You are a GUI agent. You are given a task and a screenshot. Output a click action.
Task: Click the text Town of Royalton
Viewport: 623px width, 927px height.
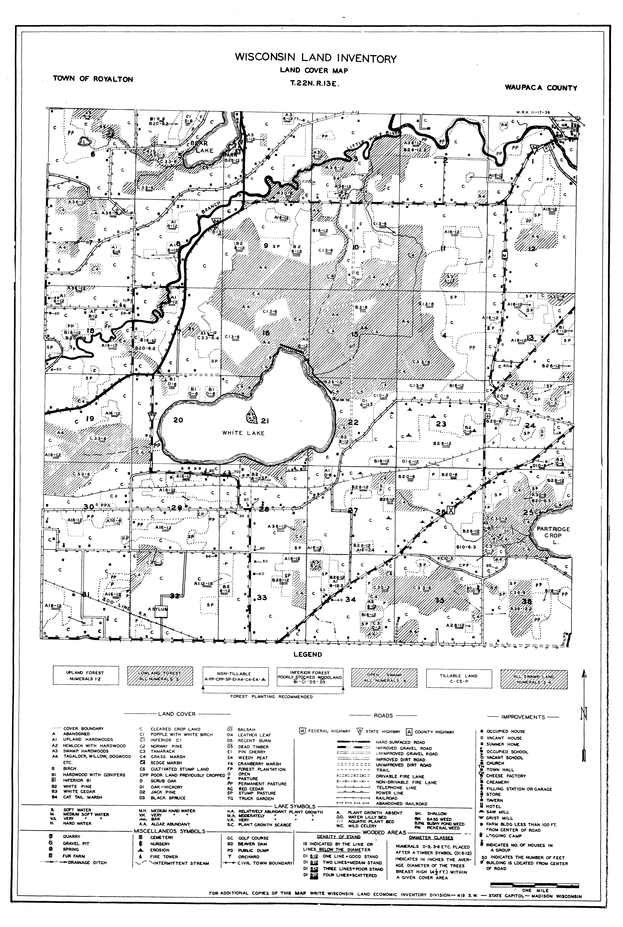click(x=93, y=79)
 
